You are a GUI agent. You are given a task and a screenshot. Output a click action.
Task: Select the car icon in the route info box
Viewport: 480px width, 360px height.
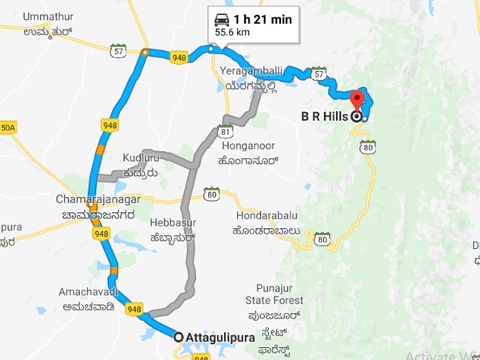click(x=221, y=19)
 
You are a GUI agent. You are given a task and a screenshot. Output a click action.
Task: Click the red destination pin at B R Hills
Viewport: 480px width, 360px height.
click(x=357, y=101)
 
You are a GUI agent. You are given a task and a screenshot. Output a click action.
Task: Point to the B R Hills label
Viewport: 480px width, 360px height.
click(x=324, y=116)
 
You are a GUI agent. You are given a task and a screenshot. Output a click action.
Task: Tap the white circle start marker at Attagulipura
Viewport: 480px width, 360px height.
click(x=178, y=338)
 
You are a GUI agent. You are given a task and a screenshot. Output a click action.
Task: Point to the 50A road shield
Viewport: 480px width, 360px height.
click(x=7, y=127)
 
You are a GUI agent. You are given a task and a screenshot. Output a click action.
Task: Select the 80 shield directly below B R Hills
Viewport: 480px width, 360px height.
click(x=367, y=147)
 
